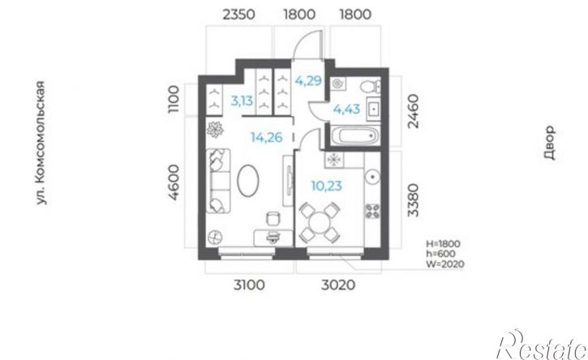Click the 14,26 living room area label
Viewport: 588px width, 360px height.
(x=267, y=137)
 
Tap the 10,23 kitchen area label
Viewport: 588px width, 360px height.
(x=327, y=186)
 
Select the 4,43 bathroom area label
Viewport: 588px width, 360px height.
(x=346, y=109)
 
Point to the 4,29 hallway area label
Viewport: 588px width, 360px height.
(x=308, y=80)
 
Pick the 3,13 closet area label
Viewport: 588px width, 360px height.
(x=242, y=101)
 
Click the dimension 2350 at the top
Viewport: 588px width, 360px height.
(x=239, y=15)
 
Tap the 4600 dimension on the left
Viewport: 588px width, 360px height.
(x=174, y=182)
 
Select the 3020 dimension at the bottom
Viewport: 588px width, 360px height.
(x=338, y=285)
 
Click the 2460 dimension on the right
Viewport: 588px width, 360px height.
(x=413, y=111)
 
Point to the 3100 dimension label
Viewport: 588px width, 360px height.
(x=249, y=285)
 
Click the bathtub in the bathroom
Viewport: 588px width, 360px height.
(x=354, y=135)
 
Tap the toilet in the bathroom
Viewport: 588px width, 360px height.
(x=371, y=87)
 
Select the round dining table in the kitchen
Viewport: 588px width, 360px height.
(x=320, y=222)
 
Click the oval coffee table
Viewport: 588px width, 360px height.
(x=248, y=181)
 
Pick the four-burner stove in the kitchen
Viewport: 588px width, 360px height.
(x=373, y=211)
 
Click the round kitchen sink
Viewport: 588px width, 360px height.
(x=373, y=177)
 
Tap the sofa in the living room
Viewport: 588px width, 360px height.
(x=218, y=181)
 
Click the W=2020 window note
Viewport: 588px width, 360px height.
(x=445, y=264)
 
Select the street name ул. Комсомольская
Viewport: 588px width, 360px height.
(x=41, y=143)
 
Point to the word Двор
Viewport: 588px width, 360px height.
(x=549, y=143)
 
